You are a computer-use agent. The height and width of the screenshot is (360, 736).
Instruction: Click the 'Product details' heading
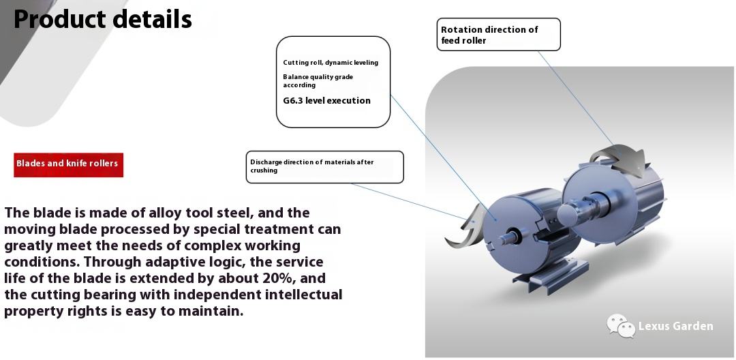coord(103,19)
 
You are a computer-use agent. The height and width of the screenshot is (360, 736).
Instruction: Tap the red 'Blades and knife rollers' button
coord(69,165)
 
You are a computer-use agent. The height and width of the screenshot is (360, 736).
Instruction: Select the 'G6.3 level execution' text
coord(326,100)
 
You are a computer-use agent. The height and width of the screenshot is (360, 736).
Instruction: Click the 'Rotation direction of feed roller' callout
coord(498,34)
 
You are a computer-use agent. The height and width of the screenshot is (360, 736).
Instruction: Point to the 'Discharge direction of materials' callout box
coord(325,166)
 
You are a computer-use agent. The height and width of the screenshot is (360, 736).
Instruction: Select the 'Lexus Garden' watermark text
coord(675,326)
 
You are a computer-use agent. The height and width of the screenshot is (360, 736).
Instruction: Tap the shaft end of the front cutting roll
coord(508,237)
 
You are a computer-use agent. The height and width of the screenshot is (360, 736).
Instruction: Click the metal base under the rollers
coord(551,277)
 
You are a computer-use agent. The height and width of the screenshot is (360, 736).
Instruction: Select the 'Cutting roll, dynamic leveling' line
coord(331,63)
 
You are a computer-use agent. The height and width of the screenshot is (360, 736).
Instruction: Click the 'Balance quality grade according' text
coord(318,80)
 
